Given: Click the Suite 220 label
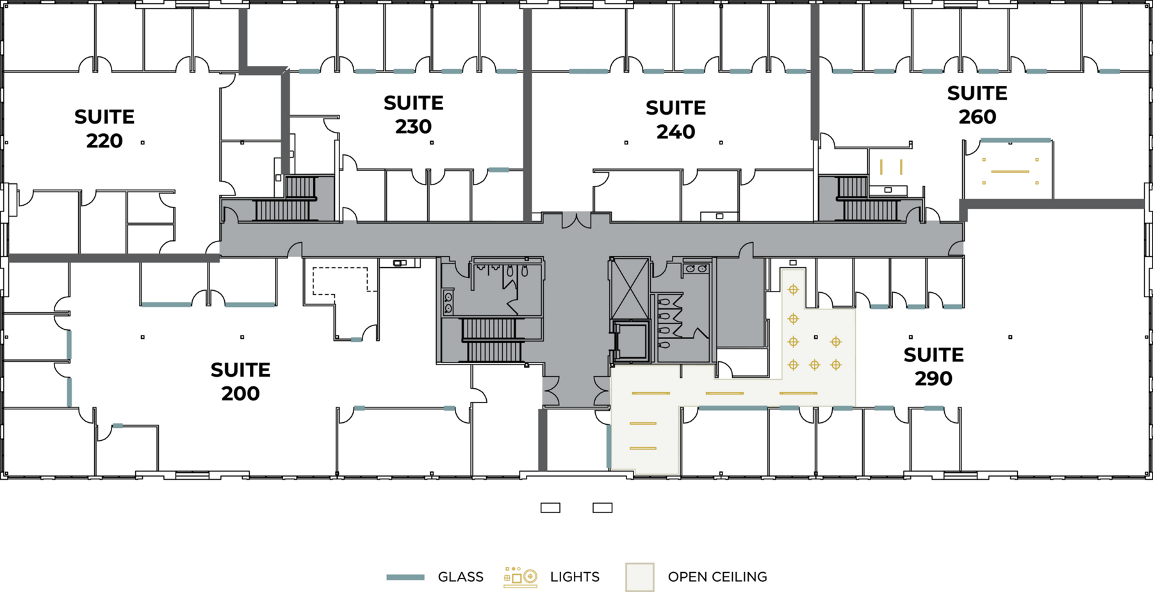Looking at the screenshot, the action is (104, 129).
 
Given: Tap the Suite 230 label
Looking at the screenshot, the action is (413, 115).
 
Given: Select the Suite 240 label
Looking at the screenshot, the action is (676, 120).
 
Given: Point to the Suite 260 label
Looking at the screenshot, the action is (977, 105).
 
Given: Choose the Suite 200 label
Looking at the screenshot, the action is (240, 381).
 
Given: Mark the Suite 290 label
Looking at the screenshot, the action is (933, 366).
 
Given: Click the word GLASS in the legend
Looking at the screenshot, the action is (461, 577).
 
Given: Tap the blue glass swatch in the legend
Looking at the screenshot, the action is (405, 577).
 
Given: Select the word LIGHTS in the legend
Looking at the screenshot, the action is (575, 577).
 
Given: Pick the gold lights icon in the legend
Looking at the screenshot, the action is (520, 577).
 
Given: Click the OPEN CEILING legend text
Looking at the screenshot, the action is (717, 577).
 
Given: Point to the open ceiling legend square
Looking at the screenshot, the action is (640, 577).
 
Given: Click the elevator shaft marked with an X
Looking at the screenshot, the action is (630, 289).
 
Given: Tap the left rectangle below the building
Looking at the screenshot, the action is (550, 508).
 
